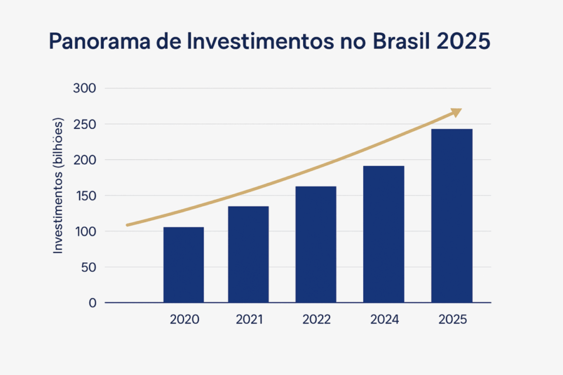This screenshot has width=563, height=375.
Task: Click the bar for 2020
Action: pyautogui.click(x=184, y=264)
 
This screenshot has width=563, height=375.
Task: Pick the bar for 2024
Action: pyautogui.click(x=384, y=234)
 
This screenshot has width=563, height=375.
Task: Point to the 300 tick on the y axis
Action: pyautogui.click(x=84, y=88)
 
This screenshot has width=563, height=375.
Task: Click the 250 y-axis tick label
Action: pyautogui.click(x=84, y=124)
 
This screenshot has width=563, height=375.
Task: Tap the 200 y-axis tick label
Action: pyautogui.click(x=84, y=160)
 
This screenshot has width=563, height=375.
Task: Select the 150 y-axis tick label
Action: pyautogui.click(x=84, y=196)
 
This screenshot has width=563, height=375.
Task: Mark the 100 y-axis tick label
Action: pyautogui.click(x=84, y=231)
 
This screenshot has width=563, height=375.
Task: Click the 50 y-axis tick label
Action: pyautogui.click(x=88, y=267)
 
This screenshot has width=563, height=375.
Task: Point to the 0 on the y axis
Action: pyautogui.click(x=92, y=303)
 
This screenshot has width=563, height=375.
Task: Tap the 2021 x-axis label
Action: pyautogui.click(x=249, y=320)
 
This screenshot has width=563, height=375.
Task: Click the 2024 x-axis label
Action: pyautogui.click(x=384, y=320)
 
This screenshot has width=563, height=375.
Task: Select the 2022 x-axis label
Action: pyautogui.click(x=316, y=320)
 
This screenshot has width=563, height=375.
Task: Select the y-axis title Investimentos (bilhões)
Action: pyautogui.click(x=58, y=186)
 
